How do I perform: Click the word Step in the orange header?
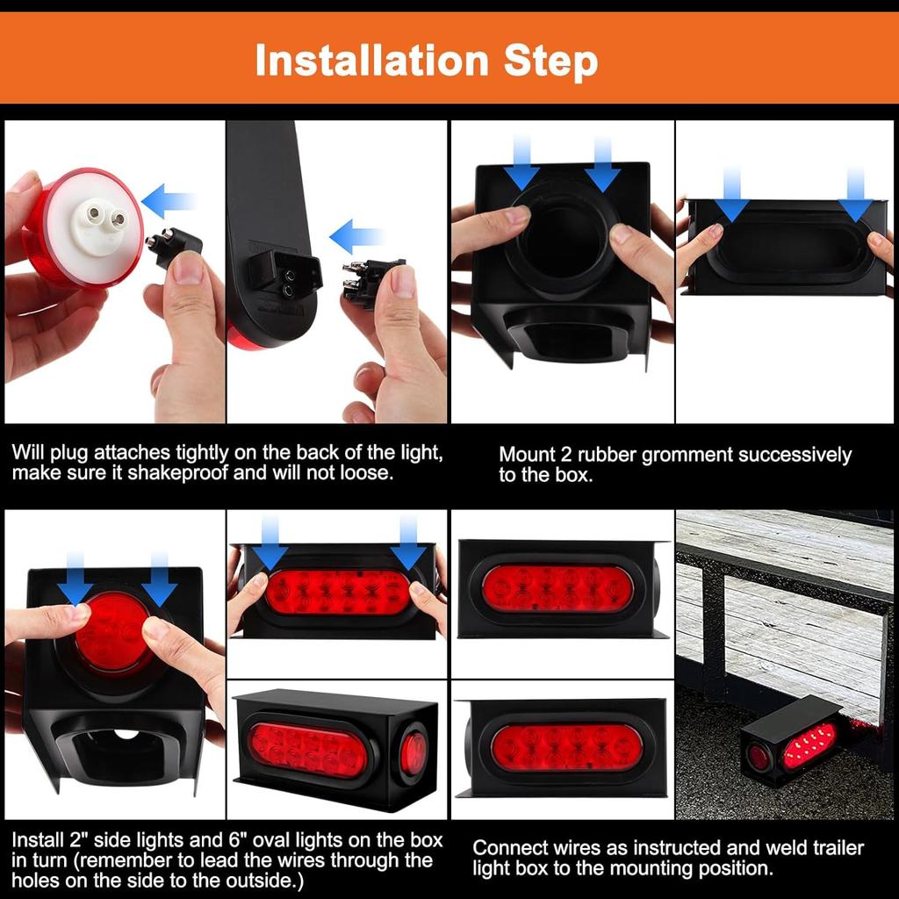point(550,62)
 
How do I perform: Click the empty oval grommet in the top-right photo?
point(786,252)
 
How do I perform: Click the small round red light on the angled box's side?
point(413,753)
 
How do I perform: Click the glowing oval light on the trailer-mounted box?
point(808,746)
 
